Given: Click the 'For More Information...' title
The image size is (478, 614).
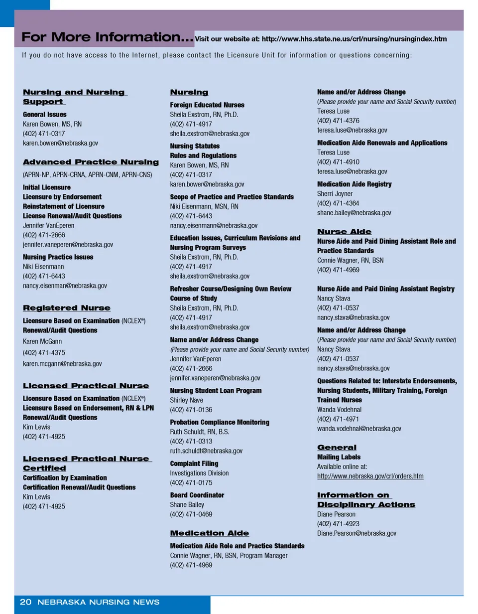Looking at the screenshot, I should pos(107,38).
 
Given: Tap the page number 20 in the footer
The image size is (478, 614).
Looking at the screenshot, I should pos(25,602).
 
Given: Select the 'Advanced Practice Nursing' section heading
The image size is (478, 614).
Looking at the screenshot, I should pos(91,162).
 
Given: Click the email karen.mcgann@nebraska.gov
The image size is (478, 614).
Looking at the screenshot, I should pos(62,364).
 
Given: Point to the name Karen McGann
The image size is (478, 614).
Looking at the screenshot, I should pos(43,341).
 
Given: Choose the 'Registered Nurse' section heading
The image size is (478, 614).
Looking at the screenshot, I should pos(67,308).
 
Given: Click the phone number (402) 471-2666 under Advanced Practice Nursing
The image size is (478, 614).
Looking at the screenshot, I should pos(44,235).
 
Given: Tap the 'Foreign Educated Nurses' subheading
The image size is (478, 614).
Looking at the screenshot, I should pos(207,105).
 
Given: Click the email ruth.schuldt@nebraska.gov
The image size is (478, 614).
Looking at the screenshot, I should pos(206,451).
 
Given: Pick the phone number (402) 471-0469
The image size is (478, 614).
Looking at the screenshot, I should pos(191,514).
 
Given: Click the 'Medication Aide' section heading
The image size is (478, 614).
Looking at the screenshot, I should pos(210,533).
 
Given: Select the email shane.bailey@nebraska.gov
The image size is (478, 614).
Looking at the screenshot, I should pos(354,213).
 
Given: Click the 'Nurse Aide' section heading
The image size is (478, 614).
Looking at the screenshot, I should pos(344,232).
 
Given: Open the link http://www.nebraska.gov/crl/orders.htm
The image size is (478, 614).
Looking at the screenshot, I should pos(370,476).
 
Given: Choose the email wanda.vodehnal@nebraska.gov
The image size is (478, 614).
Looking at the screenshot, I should pos(359,429).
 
